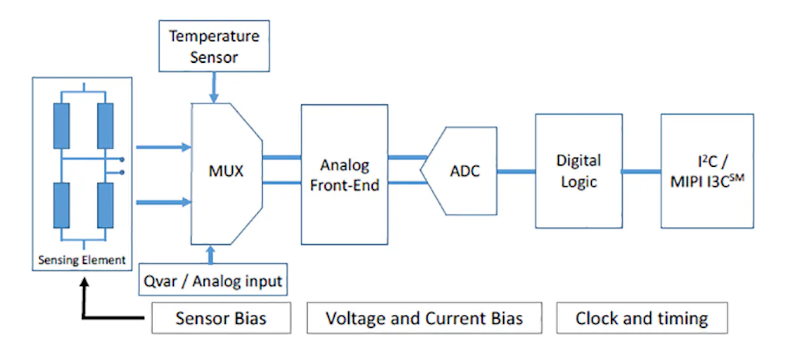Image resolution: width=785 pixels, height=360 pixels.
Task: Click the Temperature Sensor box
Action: (x=214, y=46)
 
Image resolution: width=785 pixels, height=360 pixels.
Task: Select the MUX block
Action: (x=226, y=172)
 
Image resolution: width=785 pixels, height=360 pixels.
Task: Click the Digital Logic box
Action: (x=578, y=171)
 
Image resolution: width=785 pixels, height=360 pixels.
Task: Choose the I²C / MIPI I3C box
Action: (x=706, y=171)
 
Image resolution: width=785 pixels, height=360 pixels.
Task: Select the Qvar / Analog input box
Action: (x=212, y=281)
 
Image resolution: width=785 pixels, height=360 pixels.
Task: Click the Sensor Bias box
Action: (x=221, y=319)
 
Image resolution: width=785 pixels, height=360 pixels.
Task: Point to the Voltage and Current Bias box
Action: (x=425, y=319)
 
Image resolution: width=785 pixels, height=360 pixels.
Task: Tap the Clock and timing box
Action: (x=641, y=319)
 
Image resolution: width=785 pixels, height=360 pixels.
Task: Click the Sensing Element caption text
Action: (x=81, y=260)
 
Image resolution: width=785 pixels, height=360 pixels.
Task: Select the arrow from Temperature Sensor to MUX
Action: (x=213, y=86)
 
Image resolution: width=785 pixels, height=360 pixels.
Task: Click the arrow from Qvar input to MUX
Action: (x=211, y=255)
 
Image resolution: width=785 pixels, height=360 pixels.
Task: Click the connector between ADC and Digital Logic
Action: (x=516, y=171)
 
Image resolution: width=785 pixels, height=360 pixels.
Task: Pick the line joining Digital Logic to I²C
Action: (x=641, y=171)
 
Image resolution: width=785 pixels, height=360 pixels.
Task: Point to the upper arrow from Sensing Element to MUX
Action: (x=162, y=148)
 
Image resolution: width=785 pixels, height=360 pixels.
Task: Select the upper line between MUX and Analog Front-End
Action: (x=281, y=157)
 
